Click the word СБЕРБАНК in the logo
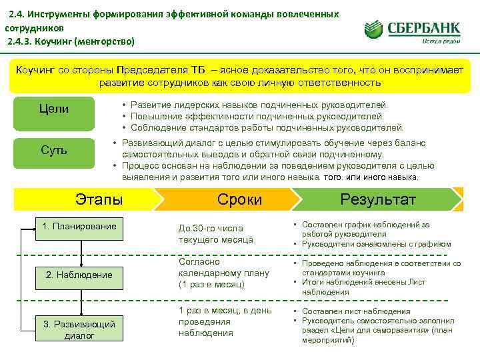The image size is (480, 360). [426, 27]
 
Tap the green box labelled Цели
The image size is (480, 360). [54, 109]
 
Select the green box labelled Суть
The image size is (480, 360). [54, 149]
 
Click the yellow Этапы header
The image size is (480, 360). [99, 199]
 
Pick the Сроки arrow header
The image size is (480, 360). [240, 199]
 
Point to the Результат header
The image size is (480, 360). [378, 199]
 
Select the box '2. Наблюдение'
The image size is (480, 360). [79, 275]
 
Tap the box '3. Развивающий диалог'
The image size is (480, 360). [79, 329]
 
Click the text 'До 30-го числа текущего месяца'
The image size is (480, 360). [211, 233]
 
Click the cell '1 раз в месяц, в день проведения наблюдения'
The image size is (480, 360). [225, 321]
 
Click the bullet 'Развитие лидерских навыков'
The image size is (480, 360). [258, 105]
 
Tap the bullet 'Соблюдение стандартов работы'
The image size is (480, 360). [267, 127]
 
